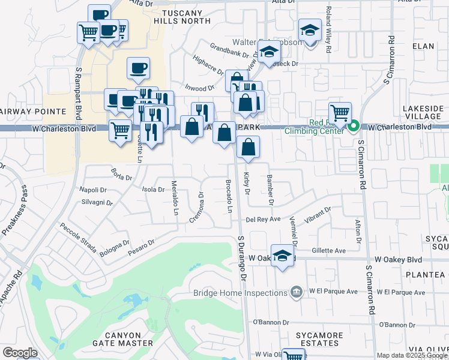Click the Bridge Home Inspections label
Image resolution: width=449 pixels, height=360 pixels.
(240, 293)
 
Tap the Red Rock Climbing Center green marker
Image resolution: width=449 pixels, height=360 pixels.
(354, 126)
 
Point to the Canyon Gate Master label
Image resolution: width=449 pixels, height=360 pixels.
(122, 339)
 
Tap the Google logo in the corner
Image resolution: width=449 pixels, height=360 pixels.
(20, 353)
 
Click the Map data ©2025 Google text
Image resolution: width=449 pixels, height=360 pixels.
(412, 355)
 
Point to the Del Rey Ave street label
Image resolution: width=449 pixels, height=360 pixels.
(264, 220)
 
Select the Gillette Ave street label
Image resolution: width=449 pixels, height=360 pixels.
(329, 251)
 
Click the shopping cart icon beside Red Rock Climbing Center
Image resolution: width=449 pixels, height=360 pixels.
(340, 112)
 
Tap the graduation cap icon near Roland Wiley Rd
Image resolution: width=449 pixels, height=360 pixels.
(310, 30)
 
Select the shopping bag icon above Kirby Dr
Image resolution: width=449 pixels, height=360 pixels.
(248, 147)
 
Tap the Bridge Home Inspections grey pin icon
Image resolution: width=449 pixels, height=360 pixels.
(295, 292)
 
